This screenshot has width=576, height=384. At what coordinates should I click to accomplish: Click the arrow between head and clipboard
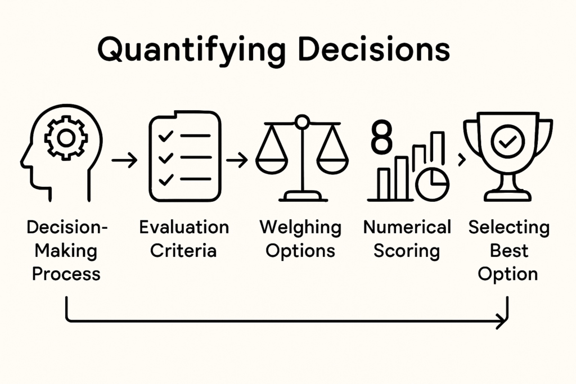click(x=124, y=161)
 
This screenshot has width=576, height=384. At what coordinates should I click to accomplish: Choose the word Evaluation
click(x=184, y=228)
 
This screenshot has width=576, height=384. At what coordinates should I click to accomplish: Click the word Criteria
click(x=183, y=250)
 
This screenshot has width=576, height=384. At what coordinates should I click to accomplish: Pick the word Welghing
click(x=300, y=228)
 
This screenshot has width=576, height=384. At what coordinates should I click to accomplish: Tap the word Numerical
click(x=407, y=228)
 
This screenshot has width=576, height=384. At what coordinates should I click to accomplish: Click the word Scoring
click(x=407, y=251)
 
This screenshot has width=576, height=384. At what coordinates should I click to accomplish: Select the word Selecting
click(x=508, y=228)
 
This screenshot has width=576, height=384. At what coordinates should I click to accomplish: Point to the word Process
click(x=66, y=274)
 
